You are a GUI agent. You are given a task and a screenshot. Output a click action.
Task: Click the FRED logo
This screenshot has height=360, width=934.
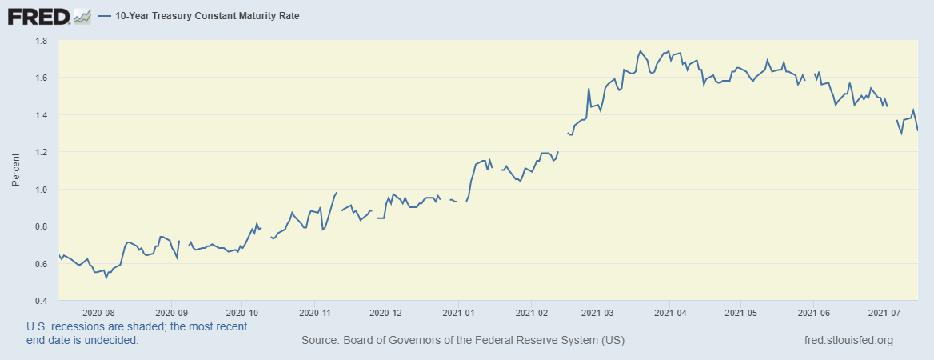tap(38, 16)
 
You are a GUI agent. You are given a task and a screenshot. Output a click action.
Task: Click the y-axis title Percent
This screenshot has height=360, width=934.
tap(15, 171)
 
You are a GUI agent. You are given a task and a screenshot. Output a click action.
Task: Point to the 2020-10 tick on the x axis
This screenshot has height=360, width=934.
tap(242, 313)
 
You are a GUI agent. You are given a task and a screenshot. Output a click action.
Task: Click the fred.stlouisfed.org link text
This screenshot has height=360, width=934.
tap(848, 341)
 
